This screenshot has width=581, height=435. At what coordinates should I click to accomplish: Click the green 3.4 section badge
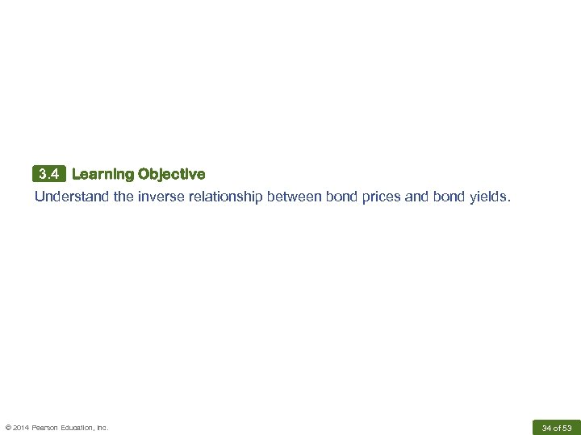point(49,174)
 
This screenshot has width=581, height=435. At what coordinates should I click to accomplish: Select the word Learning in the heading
point(102,174)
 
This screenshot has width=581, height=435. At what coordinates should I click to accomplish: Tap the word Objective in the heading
point(171,174)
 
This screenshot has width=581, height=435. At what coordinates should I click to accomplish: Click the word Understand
point(72,196)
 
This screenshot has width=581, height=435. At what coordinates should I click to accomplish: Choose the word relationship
point(222,196)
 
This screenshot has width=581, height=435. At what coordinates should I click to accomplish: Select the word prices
point(379,196)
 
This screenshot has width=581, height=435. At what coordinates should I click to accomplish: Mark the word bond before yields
point(448,196)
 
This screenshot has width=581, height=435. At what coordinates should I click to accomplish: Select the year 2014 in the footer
point(22,427)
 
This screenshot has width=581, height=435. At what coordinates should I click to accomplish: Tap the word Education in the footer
point(79,427)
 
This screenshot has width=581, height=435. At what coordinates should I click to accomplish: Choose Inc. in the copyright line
point(102,427)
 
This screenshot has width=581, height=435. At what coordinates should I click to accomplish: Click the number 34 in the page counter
point(546,427)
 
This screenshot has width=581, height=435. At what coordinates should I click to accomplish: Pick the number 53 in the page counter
point(567,427)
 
